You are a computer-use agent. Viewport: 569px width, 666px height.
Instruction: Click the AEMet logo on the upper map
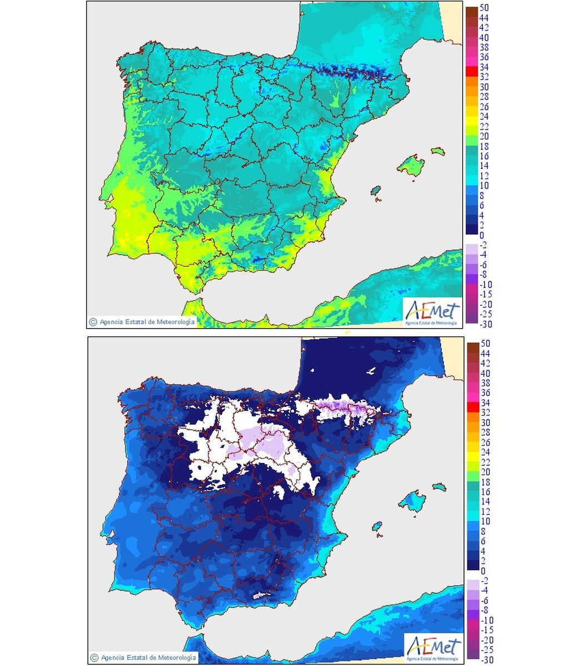tap(432, 312)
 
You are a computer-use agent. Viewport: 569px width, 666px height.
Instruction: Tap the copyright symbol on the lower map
tap(93, 658)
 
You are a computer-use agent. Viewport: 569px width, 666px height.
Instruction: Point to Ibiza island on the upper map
tap(377, 191)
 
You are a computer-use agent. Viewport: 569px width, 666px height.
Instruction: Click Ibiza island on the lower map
tap(377, 526)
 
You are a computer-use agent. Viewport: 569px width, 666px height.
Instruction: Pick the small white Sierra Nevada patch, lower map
tap(260, 595)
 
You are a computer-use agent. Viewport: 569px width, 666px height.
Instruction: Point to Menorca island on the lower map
tap(438, 487)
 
